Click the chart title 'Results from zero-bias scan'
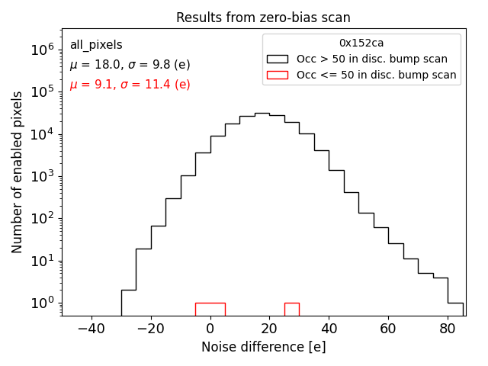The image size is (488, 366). click(263, 18)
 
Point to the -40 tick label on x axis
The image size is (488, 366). click(91, 328)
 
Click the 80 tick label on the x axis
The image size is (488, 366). click(448, 328)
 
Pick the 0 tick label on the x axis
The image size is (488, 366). click(210, 328)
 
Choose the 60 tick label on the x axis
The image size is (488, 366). click(388, 328)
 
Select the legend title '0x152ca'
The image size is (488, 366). click(361, 43)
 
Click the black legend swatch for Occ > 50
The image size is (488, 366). click(278, 59)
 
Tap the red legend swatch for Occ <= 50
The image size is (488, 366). click(278, 75)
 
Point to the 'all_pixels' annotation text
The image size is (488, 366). click(96, 45)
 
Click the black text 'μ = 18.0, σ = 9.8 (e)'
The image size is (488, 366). click(130, 65)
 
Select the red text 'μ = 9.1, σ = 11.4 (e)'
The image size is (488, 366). click(130, 85)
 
